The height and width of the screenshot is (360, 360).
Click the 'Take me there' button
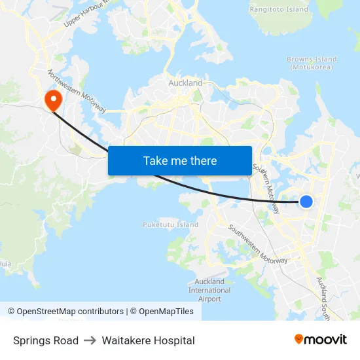180,160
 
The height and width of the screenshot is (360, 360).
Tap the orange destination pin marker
52,99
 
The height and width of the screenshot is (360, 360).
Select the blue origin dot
306,202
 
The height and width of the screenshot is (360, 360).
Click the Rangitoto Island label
279,10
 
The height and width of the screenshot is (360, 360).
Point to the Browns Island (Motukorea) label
312,63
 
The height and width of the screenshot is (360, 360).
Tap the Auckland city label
185,83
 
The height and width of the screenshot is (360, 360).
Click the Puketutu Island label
170,225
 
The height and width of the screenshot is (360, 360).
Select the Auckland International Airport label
209,290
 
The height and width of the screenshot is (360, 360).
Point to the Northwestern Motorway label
77,91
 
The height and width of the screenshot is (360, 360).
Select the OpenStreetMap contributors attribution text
70,312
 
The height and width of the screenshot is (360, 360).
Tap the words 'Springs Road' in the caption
46,340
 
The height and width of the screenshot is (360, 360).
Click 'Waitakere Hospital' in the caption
148,340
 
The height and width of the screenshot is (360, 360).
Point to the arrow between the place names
90,340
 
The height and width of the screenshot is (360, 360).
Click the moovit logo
321,340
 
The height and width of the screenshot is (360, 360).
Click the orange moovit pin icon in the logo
299,340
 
